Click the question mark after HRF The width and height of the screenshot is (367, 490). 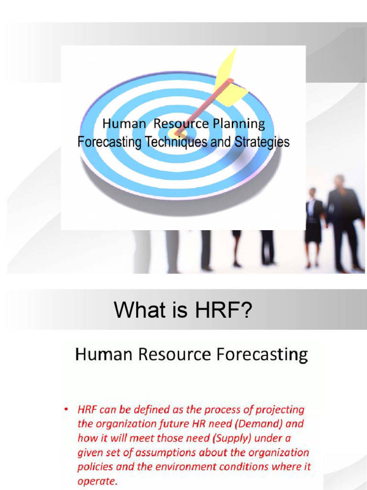pyautogui.click(x=245, y=312)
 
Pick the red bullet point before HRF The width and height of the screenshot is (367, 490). pyautogui.click(x=66, y=410)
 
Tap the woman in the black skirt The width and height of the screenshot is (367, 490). pyautogui.click(x=313, y=225)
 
